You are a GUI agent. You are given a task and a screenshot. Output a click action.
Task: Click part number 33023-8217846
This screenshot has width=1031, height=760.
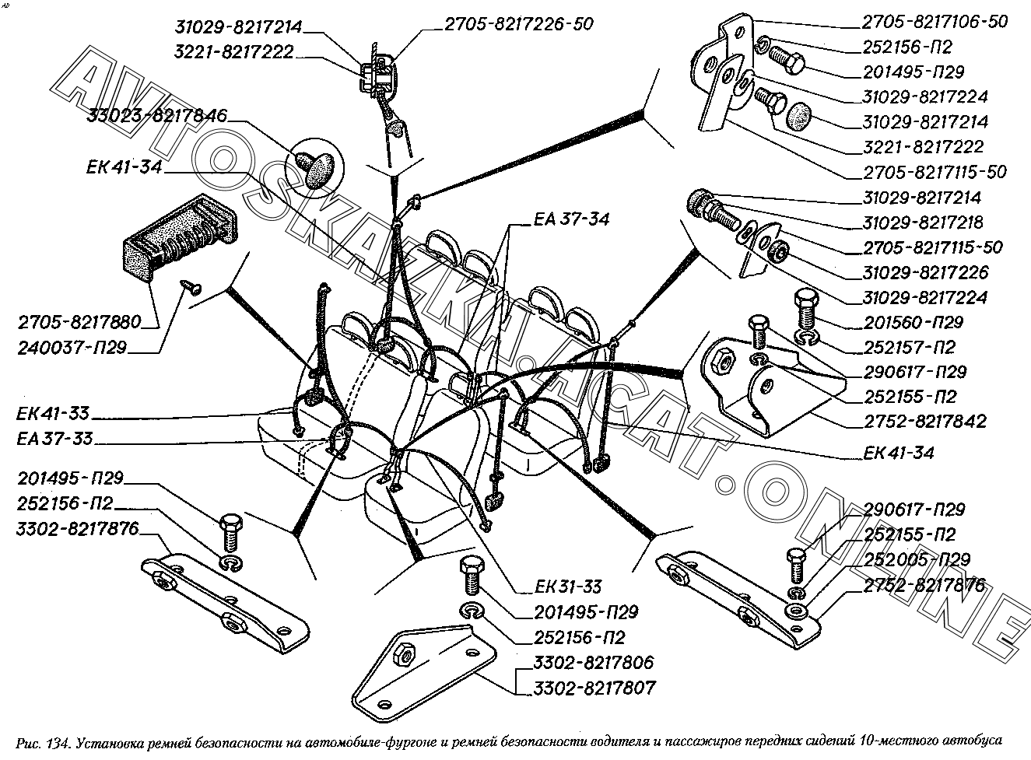(x=156, y=115)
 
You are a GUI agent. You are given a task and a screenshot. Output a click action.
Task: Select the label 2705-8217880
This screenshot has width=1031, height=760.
(x=79, y=322)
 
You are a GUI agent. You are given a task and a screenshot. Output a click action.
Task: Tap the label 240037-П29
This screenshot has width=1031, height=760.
(x=72, y=348)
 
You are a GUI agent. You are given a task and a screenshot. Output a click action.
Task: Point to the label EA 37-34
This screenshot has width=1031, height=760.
(x=571, y=219)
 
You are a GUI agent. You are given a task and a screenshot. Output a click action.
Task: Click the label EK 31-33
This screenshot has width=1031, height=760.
(x=568, y=587)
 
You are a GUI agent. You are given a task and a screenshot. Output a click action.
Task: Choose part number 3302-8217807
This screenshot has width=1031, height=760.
(x=594, y=688)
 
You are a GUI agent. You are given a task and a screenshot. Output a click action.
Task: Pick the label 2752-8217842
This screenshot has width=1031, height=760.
(x=925, y=422)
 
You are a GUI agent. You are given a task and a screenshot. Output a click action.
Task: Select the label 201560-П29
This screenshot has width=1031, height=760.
(x=914, y=323)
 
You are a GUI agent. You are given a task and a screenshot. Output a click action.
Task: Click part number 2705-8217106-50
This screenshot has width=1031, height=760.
(x=935, y=22)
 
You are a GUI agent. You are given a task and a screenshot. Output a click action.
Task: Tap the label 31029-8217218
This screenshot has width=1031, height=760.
(x=923, y=222)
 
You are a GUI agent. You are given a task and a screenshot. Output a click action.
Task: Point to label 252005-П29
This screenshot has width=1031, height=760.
(x=917, y=559)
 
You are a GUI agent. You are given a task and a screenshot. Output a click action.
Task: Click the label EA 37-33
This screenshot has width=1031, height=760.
(x=54, y=439)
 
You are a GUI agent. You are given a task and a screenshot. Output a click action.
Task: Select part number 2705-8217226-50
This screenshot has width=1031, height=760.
(x=519, y=24)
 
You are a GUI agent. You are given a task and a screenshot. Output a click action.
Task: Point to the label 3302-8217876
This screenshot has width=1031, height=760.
(x=77, y=529)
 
